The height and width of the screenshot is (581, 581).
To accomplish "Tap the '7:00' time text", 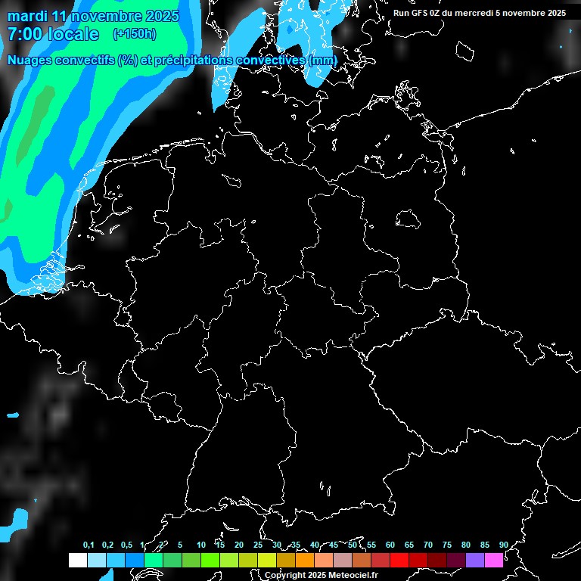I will (x=24, y=34).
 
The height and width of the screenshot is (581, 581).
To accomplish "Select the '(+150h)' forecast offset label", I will (x=135, y=34).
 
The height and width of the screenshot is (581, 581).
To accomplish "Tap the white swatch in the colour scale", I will (x=77, y=561).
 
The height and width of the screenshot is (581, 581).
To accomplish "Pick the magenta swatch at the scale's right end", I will (x=494, y=561).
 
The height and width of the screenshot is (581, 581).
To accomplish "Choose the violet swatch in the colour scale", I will (x=475, y=561).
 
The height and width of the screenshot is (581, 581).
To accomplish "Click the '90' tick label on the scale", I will (x=503, y=545).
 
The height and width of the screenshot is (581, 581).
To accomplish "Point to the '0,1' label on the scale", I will (x=89, y=545).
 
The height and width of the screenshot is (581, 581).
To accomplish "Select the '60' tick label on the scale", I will (x=390, y=545).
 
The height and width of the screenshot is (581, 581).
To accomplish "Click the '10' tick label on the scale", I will (x=200, y=545).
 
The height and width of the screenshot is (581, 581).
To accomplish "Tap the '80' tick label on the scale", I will (x=465, y=545).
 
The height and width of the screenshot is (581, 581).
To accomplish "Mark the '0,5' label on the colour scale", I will (x=126, y=545).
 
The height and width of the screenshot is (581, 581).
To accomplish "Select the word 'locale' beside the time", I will (x=73, y=34).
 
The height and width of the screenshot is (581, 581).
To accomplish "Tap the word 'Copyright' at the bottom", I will (x=285, y=576).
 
